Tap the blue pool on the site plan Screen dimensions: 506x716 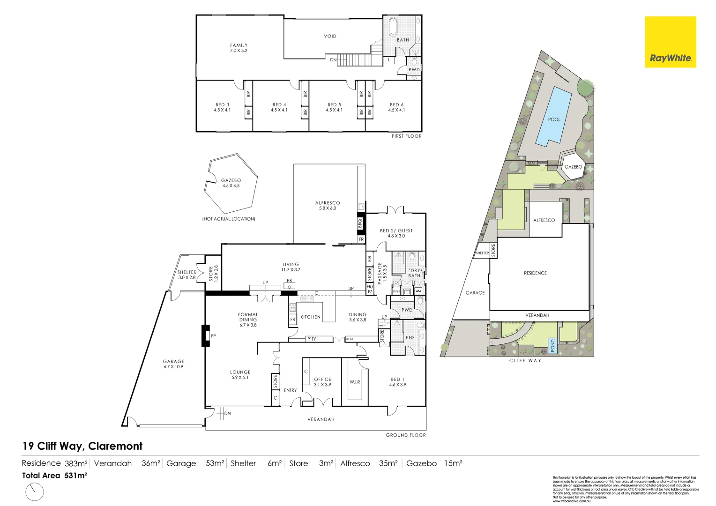tap(554, 116)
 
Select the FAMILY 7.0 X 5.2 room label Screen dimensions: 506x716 tap(239, 48)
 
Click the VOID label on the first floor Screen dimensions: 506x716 tap(330, 36)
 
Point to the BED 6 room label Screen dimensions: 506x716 tap(396, 107)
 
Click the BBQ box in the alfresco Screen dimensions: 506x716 tap(360, 223)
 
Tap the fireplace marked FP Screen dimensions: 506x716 tap(206, 335)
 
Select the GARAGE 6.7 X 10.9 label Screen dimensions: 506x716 tap(173, 364)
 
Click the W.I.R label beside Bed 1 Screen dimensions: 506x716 tap(355, 382)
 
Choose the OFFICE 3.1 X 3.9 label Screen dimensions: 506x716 tap(322, 382)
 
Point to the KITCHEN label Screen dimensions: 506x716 tap(310, 317)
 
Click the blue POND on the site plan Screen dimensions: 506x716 tap(552, 346)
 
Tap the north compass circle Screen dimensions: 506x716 tap(34, 492)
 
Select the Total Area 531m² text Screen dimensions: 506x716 tap(54, 476)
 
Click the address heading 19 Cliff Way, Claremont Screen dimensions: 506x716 tap(82, 446)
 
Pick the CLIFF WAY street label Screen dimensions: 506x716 tap(525, 361)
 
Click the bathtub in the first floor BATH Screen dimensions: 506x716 tap(393, 27)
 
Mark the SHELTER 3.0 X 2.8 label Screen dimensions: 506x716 tap(186, 275)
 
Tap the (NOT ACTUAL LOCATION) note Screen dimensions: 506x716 tap(229, 219)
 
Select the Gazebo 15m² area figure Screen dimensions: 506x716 tap(434, 463)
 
